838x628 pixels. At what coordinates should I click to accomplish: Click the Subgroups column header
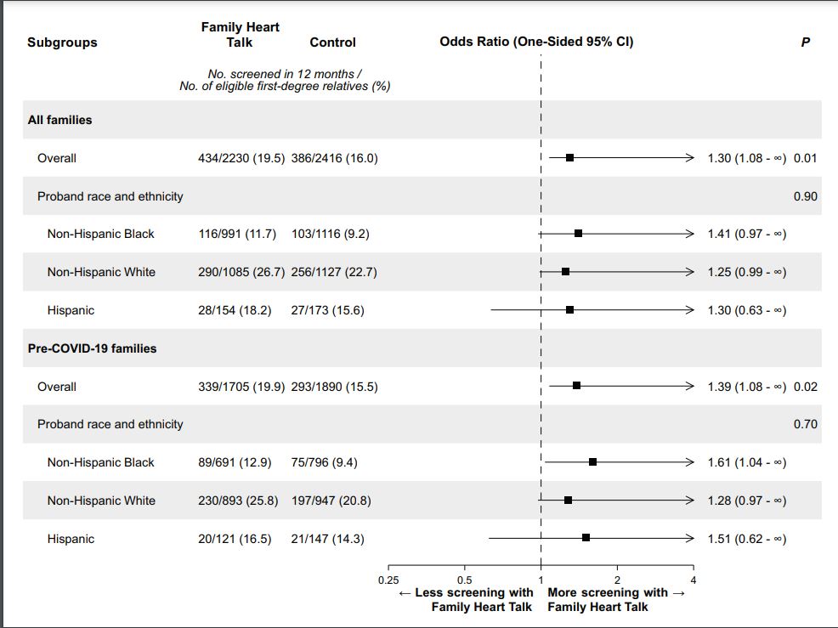click(x=62, y=42)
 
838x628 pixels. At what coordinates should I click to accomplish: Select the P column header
click(x=805, y=42)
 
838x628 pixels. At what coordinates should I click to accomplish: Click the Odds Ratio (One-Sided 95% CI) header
click(x=536, y=42)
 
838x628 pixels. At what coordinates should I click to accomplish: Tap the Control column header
click(x=332, y=42)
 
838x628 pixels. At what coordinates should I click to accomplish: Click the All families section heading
click(x=59, y=120)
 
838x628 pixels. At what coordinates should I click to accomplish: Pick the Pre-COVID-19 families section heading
click(x=92, y=348)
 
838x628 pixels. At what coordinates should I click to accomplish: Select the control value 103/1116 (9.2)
click(x=330, y=234)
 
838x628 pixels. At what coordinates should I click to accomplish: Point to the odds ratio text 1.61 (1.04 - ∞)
click(x=747, y=462)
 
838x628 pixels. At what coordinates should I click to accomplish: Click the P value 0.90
click(x=805, y=196)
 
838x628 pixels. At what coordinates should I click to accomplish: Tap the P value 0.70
click(x=805, y=424)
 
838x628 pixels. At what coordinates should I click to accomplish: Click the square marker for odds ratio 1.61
click(x=592, y=462)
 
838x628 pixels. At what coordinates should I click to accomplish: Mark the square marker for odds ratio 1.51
click(x=586, y=538)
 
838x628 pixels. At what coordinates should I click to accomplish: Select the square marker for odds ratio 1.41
click(x=578, y=234)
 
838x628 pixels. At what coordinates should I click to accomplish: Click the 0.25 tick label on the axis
click(x=388, y=580)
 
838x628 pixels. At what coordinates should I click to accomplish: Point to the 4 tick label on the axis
click(x=694, y=580)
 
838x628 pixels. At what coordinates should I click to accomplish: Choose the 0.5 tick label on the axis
click(x=465, y=580)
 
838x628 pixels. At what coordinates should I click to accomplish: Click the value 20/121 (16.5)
click(x=235, y=539)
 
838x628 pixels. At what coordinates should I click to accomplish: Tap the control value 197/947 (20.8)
click(x=331, y=501)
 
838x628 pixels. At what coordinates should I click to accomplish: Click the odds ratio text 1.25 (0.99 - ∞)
click(x=747, y=272)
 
